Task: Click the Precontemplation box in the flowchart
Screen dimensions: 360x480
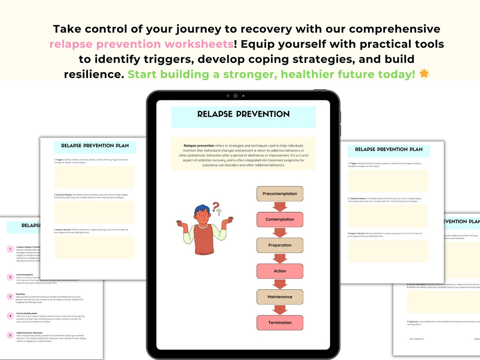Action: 280,194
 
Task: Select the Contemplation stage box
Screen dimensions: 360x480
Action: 280,219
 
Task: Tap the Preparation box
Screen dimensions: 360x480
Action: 280,245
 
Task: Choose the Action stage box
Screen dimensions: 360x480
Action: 280,271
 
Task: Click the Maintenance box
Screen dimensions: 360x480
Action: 280,297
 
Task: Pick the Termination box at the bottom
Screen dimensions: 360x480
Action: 280,323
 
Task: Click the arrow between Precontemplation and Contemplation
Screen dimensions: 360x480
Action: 280,207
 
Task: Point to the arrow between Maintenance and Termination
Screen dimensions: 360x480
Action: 280,310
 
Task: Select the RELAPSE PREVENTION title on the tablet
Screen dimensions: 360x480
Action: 243,114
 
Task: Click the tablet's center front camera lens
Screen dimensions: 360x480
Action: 235,96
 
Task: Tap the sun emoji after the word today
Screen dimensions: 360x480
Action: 424,74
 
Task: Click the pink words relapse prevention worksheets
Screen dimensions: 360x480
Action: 141,44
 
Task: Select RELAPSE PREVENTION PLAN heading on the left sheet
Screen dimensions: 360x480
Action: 95,146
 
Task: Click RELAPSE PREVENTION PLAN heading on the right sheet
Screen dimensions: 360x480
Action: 389,149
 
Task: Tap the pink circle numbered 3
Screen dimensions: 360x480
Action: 10,296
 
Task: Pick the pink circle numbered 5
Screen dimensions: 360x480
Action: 10,335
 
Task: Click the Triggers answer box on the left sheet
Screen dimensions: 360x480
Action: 94,177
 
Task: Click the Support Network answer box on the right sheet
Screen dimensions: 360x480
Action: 388,251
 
